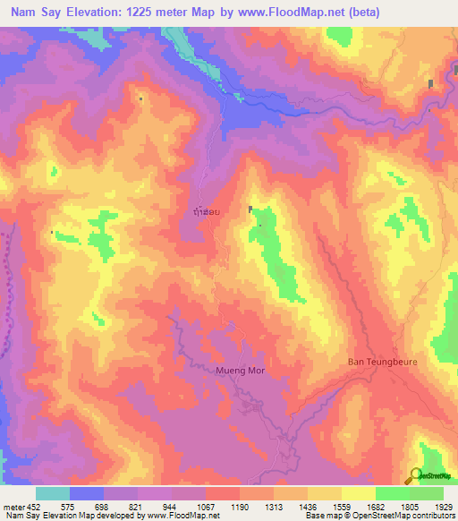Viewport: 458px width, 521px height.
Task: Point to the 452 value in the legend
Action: pos(32,507)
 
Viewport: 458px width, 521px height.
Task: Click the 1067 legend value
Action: pos(205,507)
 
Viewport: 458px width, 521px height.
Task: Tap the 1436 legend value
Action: pos(308,507)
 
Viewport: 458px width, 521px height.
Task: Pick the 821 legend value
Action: pos(136,507)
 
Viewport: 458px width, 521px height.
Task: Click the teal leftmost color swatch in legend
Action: pos(53,493)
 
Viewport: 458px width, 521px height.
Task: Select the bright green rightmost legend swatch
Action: pos(427,493)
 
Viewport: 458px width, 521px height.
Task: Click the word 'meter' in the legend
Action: pos(13,507)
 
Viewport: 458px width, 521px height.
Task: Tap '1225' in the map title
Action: pos(162,13)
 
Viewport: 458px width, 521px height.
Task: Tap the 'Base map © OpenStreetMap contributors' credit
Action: pos(380,516)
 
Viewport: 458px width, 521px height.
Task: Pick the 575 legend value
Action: pos(67,507)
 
